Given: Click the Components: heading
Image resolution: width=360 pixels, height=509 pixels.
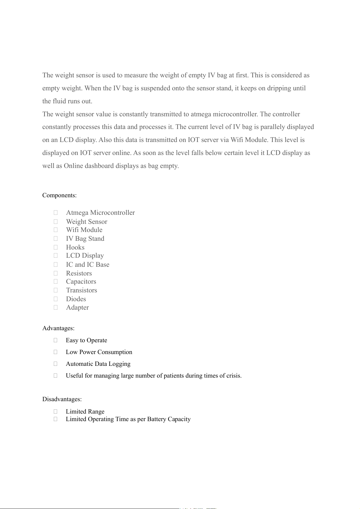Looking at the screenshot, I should [x=59, y=195].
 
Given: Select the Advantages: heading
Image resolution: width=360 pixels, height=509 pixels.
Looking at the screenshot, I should [x=58, y=328].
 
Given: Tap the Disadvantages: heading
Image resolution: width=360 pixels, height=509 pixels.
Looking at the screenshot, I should [x=62, y=399].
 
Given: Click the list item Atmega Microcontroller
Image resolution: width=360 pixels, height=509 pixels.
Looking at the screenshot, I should [x=100, y=213].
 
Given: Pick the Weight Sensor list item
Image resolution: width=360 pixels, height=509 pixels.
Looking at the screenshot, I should [x=86, y=222].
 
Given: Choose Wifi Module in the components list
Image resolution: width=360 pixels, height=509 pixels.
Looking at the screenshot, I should [x=84, y=230].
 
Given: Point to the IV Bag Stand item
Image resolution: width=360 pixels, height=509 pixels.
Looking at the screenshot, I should [x=85, y=239].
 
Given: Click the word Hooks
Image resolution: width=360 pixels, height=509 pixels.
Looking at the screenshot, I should [x=75, y=247].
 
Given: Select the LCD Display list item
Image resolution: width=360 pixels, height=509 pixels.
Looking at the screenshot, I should [x=85, y=256].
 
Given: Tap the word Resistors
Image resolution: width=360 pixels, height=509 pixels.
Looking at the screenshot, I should [x=79, y=273].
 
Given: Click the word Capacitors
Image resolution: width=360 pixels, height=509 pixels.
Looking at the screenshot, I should [x=81, y=282].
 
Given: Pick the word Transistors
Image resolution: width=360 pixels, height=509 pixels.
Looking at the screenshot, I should [x=82, y=290].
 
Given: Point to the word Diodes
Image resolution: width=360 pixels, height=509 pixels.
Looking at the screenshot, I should [x=76, y=299].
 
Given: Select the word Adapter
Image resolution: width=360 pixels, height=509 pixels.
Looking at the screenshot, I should [x=77, y=308].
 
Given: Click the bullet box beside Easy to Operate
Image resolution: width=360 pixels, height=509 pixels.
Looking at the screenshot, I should [x=56, y=340].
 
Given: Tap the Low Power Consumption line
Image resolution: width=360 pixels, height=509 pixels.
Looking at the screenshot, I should [x=99, y=352].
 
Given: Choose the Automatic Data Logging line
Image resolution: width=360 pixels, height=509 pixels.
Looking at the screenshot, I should [x=98, y=364].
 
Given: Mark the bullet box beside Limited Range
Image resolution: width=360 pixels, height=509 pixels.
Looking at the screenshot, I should [x=56, y=411].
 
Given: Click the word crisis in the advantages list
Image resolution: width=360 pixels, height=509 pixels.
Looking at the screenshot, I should [x=234, y=376].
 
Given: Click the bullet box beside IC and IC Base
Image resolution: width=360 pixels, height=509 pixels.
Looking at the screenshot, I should [x=56, y=265].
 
